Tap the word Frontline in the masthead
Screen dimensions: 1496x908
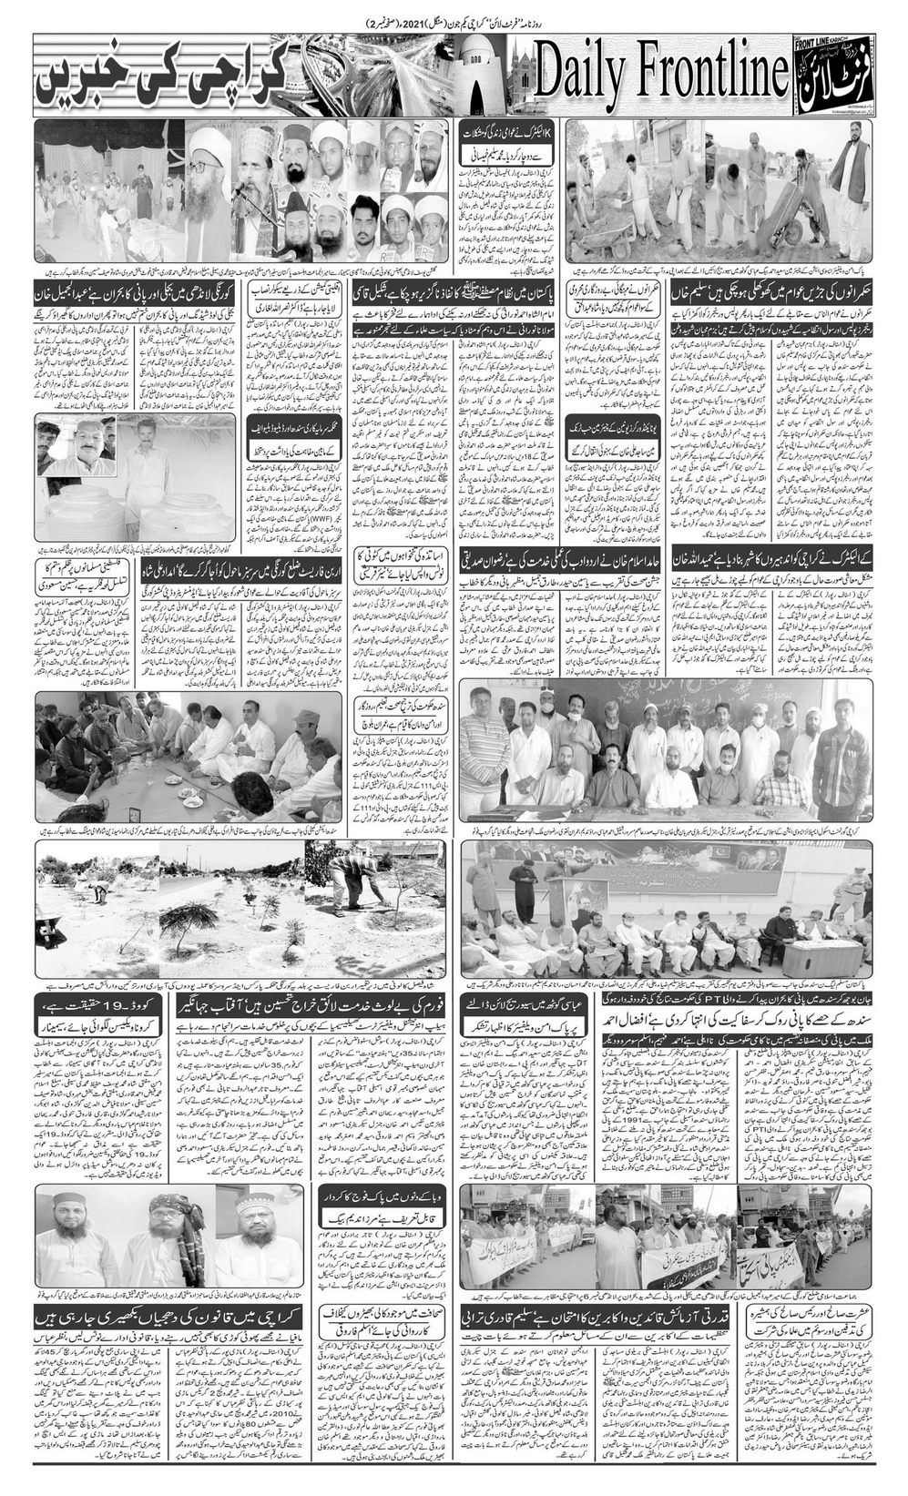pyautogui.click(x=706, y=77)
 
